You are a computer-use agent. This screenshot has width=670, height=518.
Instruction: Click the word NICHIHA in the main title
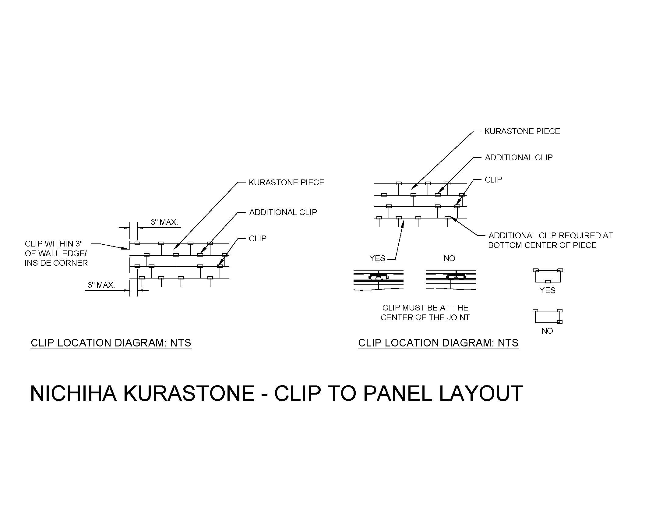coord(73,393)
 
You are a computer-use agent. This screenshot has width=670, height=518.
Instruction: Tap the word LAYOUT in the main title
coord(481,393)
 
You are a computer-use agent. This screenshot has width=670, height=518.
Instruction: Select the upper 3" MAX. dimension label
coord(164,222)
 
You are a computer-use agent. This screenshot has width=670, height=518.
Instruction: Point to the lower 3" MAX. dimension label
coord(101,285)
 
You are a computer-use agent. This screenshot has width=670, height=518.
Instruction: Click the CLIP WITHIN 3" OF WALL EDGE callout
coord(56,253)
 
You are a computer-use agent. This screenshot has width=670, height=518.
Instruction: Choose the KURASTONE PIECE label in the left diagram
coord(286,183)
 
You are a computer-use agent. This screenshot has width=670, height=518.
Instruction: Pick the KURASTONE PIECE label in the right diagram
coord(522,131)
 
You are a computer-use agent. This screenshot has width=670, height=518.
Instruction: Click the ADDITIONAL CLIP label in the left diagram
coord(283,212)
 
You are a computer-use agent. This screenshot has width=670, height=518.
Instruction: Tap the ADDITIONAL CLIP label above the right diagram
coord(519,158)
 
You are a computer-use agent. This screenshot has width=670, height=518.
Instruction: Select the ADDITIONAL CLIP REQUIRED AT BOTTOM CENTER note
coord(551,240)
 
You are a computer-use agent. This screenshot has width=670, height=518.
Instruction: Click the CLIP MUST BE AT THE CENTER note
coord(425,312)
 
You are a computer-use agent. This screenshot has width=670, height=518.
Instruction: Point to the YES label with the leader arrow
coord(377,258)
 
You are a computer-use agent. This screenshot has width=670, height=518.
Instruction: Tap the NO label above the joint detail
coord(450,258)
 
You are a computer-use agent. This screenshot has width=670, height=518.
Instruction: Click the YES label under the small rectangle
coord(548,290)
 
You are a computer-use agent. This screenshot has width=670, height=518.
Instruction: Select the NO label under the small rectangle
coord(547,331)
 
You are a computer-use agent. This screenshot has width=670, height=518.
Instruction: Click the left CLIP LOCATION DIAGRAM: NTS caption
coord(111,343)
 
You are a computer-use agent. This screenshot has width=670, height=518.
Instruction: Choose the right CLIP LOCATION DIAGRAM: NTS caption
coord(438,343)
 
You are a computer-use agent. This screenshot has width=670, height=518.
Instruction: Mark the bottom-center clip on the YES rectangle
coord(548,282)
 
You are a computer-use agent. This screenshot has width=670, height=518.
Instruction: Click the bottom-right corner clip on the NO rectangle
coord(560,322)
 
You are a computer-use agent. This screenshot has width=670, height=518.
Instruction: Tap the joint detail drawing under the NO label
coord(451,280)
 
